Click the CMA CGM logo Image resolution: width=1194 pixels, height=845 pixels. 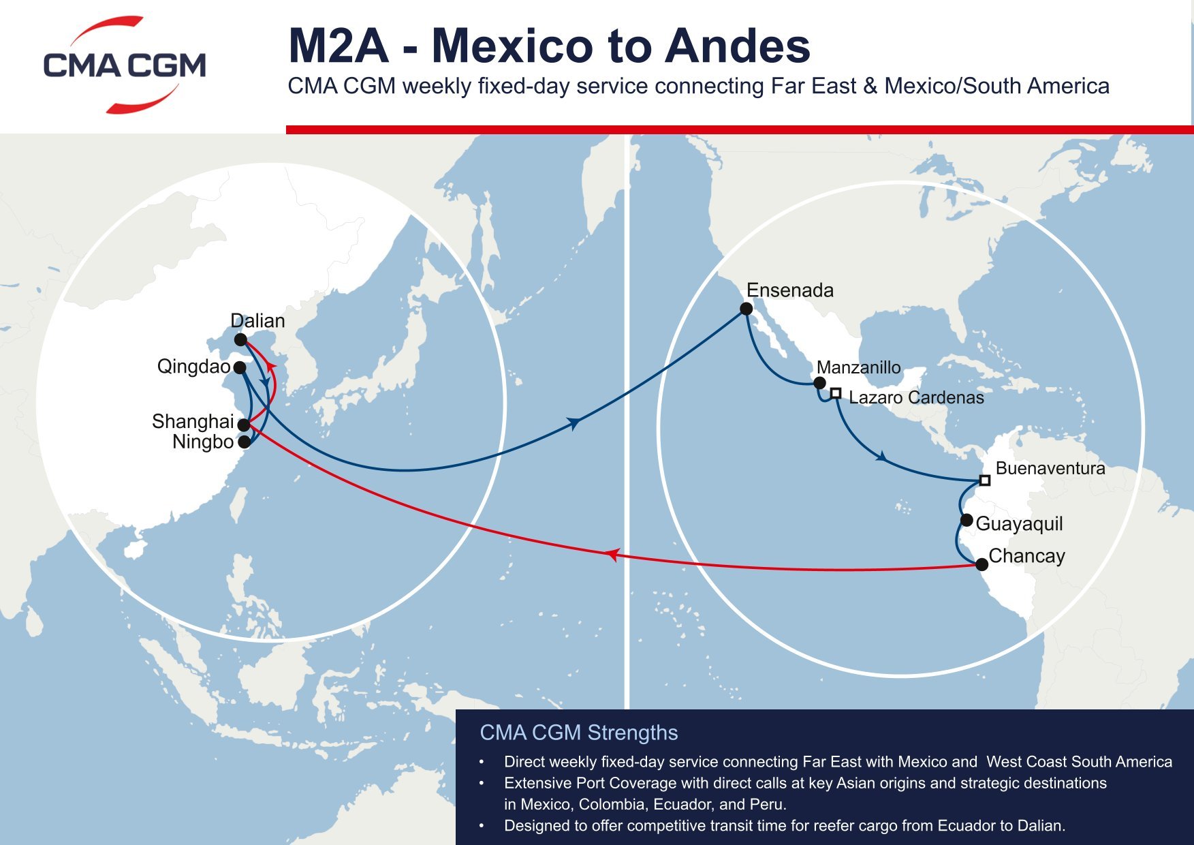[x=125, y=65]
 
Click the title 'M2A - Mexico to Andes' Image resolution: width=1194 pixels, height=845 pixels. [x=549, y=46]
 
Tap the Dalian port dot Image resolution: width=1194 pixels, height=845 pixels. [x=240, y=339]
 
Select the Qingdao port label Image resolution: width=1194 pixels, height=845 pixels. [x=193, y=367]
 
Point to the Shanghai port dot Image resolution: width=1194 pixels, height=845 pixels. [x=244, y=425]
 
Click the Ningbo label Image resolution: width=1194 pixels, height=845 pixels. [x=203, y=442]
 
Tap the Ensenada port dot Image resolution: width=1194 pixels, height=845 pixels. [x=747, y=309]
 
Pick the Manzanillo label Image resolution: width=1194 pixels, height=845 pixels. [x=858, y=367]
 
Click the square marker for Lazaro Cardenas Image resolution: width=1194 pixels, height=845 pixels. [x=836, y=393]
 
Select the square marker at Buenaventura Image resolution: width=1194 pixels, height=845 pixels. [x=984, y=480]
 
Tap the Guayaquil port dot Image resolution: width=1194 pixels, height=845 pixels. [x=967, y=521]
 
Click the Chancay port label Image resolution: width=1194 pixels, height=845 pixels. [x=1026, y=556]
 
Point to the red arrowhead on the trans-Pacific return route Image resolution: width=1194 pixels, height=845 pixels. [x=612, y=555]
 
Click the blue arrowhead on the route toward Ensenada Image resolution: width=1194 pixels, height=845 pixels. [x=576, y=424]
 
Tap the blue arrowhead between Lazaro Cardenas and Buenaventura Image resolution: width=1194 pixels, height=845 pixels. [x=882, y=456]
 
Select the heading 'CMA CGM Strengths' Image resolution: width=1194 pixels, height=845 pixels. [x=578, y=733]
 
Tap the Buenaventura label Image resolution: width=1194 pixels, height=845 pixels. [x=1050, y=468]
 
